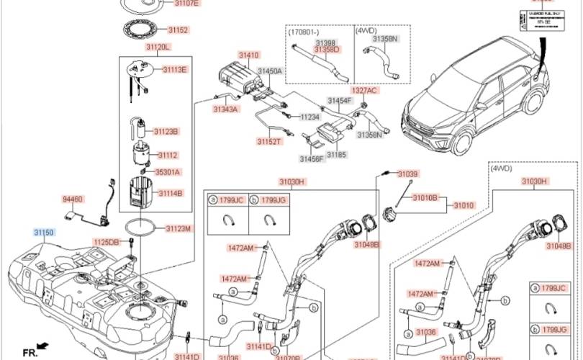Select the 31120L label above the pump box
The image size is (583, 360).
coord(157,47)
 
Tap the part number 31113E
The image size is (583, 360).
coord(174,69)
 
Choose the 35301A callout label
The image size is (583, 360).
coord(168,172)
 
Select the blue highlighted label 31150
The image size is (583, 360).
coord(43,233)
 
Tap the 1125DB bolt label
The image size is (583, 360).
coord(105,242)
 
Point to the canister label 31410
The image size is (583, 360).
coord(249,55)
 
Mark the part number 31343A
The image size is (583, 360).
coord(225,109)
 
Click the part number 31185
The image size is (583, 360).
coord(336,154)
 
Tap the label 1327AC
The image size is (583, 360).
coord(364,91)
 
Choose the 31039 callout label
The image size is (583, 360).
coord(407,174)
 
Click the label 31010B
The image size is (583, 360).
coord(425,196)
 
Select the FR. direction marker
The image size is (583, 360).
coord(30,351)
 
